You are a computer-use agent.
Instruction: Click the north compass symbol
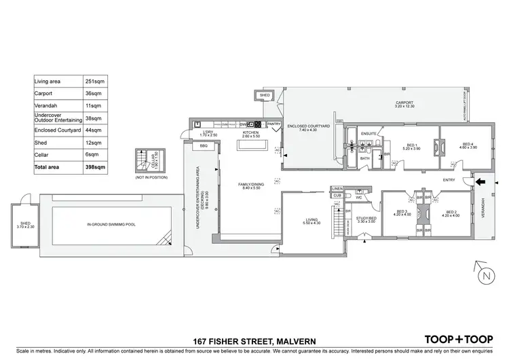(x=484, y=275)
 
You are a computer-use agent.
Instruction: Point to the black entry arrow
(x=480, y=181)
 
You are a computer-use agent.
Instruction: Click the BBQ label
(x=202, y=145)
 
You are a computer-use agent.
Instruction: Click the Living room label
(x=312, y=221)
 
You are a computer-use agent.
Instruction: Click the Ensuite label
(x=369, y=133)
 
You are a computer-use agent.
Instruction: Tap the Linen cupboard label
(x=337, y=189)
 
